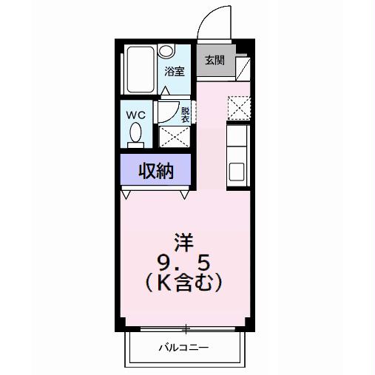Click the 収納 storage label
coord(156,171)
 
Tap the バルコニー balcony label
coord(183,348)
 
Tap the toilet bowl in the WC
coord(136,134)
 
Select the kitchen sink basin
coord(237,171)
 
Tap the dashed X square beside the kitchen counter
coord(238,107)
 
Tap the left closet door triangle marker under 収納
coord(127,195)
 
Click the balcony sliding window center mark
coord(186,328)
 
